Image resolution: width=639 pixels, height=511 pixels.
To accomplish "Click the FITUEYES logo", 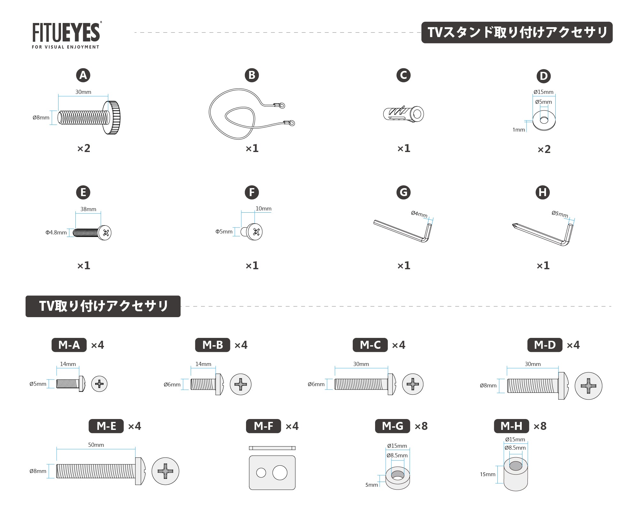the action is pyautogui.click(x=66, y=35).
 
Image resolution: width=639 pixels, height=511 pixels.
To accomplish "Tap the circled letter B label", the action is pyautogui.click(x=252, y=75).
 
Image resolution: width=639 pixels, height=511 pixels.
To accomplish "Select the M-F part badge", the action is pyautogui.click(x=263, y=426).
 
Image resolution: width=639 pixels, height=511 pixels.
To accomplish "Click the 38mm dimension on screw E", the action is pyautogui.click(x=88, y=209).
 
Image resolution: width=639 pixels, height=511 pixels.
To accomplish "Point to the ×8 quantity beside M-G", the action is pyautogui.click(x=421, y=426).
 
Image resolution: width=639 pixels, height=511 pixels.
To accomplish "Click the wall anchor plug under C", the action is pyautogui.click(x=404, y=114).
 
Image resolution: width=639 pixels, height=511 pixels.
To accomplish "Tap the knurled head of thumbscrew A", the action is pyautogui.click(x=112, y=118).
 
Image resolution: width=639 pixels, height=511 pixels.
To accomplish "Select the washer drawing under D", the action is pyautogui.click(x=544, y=120).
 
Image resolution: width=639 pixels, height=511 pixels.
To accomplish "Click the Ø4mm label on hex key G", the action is pyautogui.click(x=419, y=214).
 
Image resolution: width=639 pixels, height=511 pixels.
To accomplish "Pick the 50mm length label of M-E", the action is pyautogui.click(x=96, y=445).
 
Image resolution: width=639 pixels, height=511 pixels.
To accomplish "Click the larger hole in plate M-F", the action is pyautogui.click(x=280, y=473).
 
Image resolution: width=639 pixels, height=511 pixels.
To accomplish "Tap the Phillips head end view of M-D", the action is pyautogui.click(x=589, y=386).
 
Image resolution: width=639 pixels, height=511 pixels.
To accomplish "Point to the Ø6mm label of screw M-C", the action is pyautogui.click(x=316, y=384).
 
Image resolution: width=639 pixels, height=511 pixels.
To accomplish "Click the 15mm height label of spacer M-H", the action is pyautogui.click(x=488, y=474).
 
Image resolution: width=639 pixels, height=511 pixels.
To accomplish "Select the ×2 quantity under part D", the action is pyautogui.click(x=544, y=149).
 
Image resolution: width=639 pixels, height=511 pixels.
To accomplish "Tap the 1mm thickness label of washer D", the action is pyautogui.click(x=519, y=130).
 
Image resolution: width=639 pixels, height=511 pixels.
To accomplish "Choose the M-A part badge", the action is pyautogui.click(x=69, y=345).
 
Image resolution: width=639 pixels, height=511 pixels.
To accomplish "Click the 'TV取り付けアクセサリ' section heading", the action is pyautogui.click(x=103, y=306).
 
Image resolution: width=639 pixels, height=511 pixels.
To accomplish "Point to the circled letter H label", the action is pyautogui.click(x=543, y=192).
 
